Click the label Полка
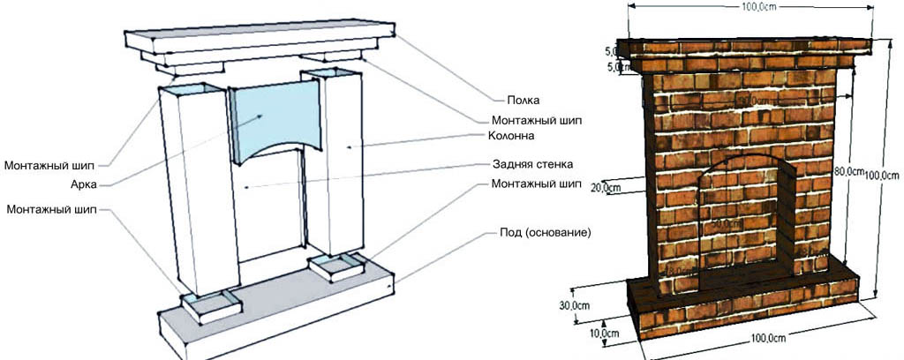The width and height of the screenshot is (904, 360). (x=524, y=101)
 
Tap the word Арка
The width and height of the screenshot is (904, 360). (x=86, y=184)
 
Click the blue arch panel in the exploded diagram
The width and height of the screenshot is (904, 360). (x=273, y=119)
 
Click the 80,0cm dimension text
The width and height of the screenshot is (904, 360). (x=848, y=172)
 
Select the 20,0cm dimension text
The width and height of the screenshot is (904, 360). (x=606, y=188)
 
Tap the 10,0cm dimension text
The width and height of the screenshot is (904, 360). (x=603, y=334)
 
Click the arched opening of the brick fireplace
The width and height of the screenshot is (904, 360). (x=742, y=221)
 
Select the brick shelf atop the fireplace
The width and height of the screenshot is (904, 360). (x=742, y=50)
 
